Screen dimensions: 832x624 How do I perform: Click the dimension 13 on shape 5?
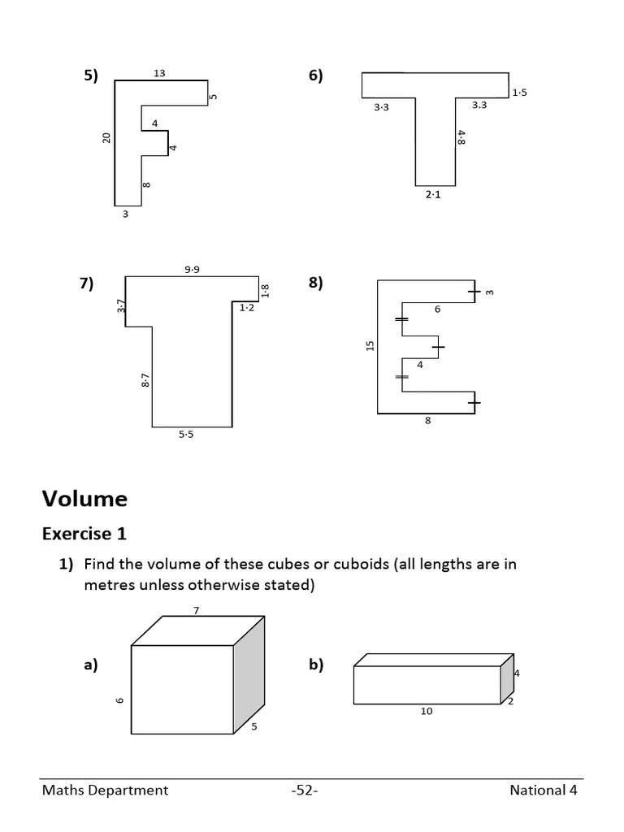159,73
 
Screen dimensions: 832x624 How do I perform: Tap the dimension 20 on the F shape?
106,138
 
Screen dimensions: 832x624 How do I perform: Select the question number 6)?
315,76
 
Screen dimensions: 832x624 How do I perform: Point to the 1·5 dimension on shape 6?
519,93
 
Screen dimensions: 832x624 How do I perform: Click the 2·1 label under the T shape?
433,195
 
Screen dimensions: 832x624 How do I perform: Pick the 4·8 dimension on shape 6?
461,138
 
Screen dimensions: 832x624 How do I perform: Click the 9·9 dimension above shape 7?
192,269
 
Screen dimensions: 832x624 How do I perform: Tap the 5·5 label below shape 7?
186,435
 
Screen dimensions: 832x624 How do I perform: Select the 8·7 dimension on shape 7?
145,380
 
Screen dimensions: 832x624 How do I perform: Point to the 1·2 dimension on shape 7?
247,307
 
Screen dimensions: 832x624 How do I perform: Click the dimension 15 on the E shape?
370,345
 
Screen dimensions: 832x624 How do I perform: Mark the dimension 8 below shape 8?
427,421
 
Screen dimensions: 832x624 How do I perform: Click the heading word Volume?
84,498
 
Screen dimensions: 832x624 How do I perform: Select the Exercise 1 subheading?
84,534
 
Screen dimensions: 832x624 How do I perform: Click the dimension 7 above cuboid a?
196,610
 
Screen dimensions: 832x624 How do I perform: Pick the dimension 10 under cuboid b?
427,712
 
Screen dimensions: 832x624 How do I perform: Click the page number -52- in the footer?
304,790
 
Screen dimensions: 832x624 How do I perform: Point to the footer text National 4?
544,790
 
